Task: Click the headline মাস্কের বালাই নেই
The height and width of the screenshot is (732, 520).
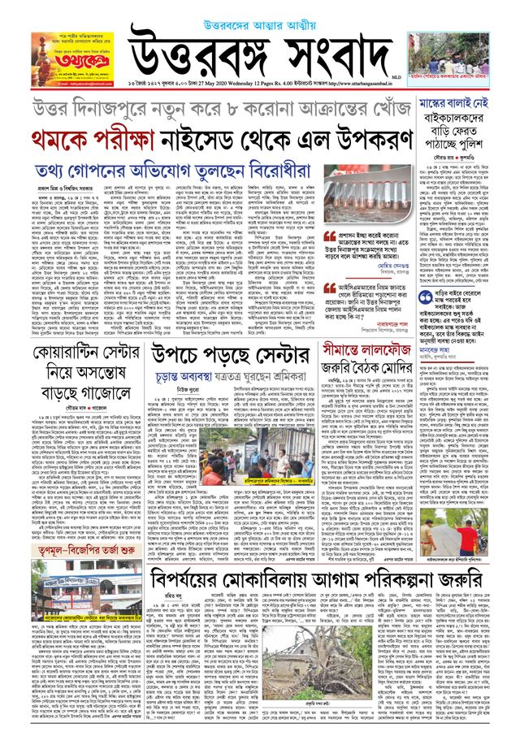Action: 467,106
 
